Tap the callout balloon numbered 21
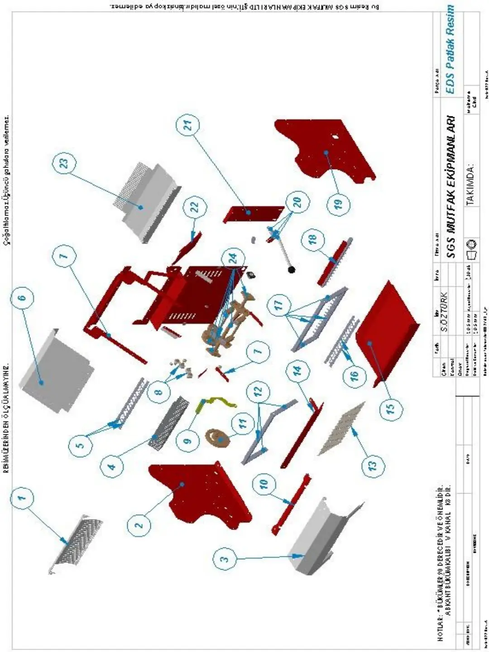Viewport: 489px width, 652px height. point(188,123)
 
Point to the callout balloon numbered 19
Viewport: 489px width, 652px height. point(340,204)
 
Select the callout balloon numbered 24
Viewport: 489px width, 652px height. point(233,259)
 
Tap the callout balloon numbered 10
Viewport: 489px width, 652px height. point(264,483)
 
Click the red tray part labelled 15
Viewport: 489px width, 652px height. point(389,335)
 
